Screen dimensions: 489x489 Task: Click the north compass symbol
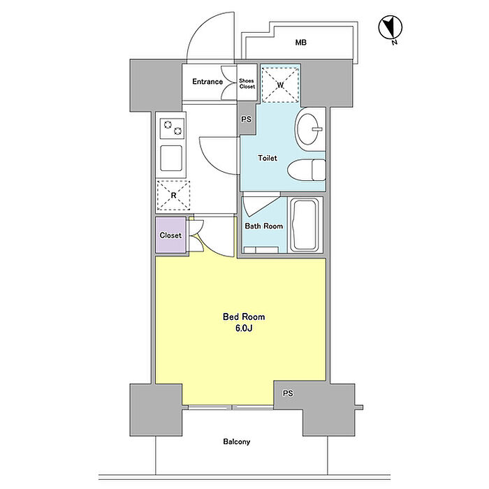pyautogui.click(x=390, y=28)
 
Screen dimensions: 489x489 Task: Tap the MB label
pyautogui.click(x=300, y=42)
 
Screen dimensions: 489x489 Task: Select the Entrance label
pyautogui.click(x=207, y=82)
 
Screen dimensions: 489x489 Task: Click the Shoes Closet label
pyautogui.click(x=247, y=84)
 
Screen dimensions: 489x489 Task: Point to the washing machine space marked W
pyautogui.click(x=280, y=85)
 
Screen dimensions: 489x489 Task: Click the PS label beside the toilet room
pyautogui.click(x=246, y=119)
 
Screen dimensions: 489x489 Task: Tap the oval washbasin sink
pyautogui.click(x=309, y=129)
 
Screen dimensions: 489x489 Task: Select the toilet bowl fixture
pyautogui.click(x=306, y=170)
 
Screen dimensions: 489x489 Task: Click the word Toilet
pyautogui.click(x=268, y=158)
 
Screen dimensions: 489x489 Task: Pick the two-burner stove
pyautogui.click(x=172, y=128)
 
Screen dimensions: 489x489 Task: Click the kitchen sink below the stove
pyautogui.click(x=171, y=158)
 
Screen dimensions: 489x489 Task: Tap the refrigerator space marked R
pyautogui.click(x=173, y=196)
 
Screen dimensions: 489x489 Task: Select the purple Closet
pyautogui.click(x=171, y=235)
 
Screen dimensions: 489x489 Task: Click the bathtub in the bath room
pyautogui.click(x=305, y=226)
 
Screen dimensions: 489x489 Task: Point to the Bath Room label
pyautogui.click(x=263, y=226)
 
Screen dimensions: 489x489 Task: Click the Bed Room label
pyautogui.click(x=244, y=317)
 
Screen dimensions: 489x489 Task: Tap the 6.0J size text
pyautogui.click(x=244, y=328)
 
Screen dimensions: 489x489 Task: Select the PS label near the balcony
pyautogui.click(x=288, y=393)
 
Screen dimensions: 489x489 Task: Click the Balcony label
pyautogui.click(x=237, y=441)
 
